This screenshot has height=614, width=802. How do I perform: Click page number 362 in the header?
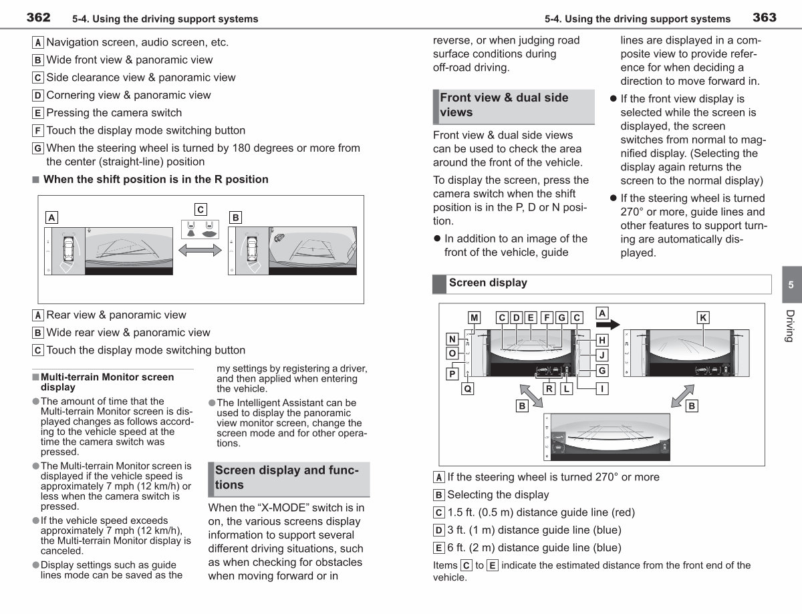coord(38,17)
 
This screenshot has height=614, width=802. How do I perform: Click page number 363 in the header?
coord(765,17)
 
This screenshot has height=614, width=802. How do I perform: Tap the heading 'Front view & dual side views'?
coord(504,105)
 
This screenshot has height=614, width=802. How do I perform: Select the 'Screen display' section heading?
coord(488,283)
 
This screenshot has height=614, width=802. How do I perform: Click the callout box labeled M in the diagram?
coord(475,317)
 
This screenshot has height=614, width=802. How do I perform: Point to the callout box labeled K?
coord(703,317)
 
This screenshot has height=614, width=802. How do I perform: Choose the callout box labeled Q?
coord(468,389)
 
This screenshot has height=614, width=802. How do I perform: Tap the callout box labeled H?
coord(602,340)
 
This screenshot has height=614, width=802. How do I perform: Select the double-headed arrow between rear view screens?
coord(200,251)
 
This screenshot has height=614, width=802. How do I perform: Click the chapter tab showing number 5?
coord(792,285)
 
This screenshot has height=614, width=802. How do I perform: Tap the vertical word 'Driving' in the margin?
coord(790,326)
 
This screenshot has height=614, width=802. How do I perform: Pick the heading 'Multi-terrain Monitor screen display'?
coord(107,382)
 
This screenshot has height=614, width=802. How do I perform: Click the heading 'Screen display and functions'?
coord(287,477)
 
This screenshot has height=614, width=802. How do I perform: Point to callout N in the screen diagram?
coord(452,339)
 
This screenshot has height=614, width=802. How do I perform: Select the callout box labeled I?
coord(602,389)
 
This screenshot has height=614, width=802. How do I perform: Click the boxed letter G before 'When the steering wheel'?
coord(37,148)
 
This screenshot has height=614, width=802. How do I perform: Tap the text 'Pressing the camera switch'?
coord(114,112)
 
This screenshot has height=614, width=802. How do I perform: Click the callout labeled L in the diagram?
coord(567,389)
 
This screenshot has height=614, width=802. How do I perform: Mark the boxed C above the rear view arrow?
coord(200,210)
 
